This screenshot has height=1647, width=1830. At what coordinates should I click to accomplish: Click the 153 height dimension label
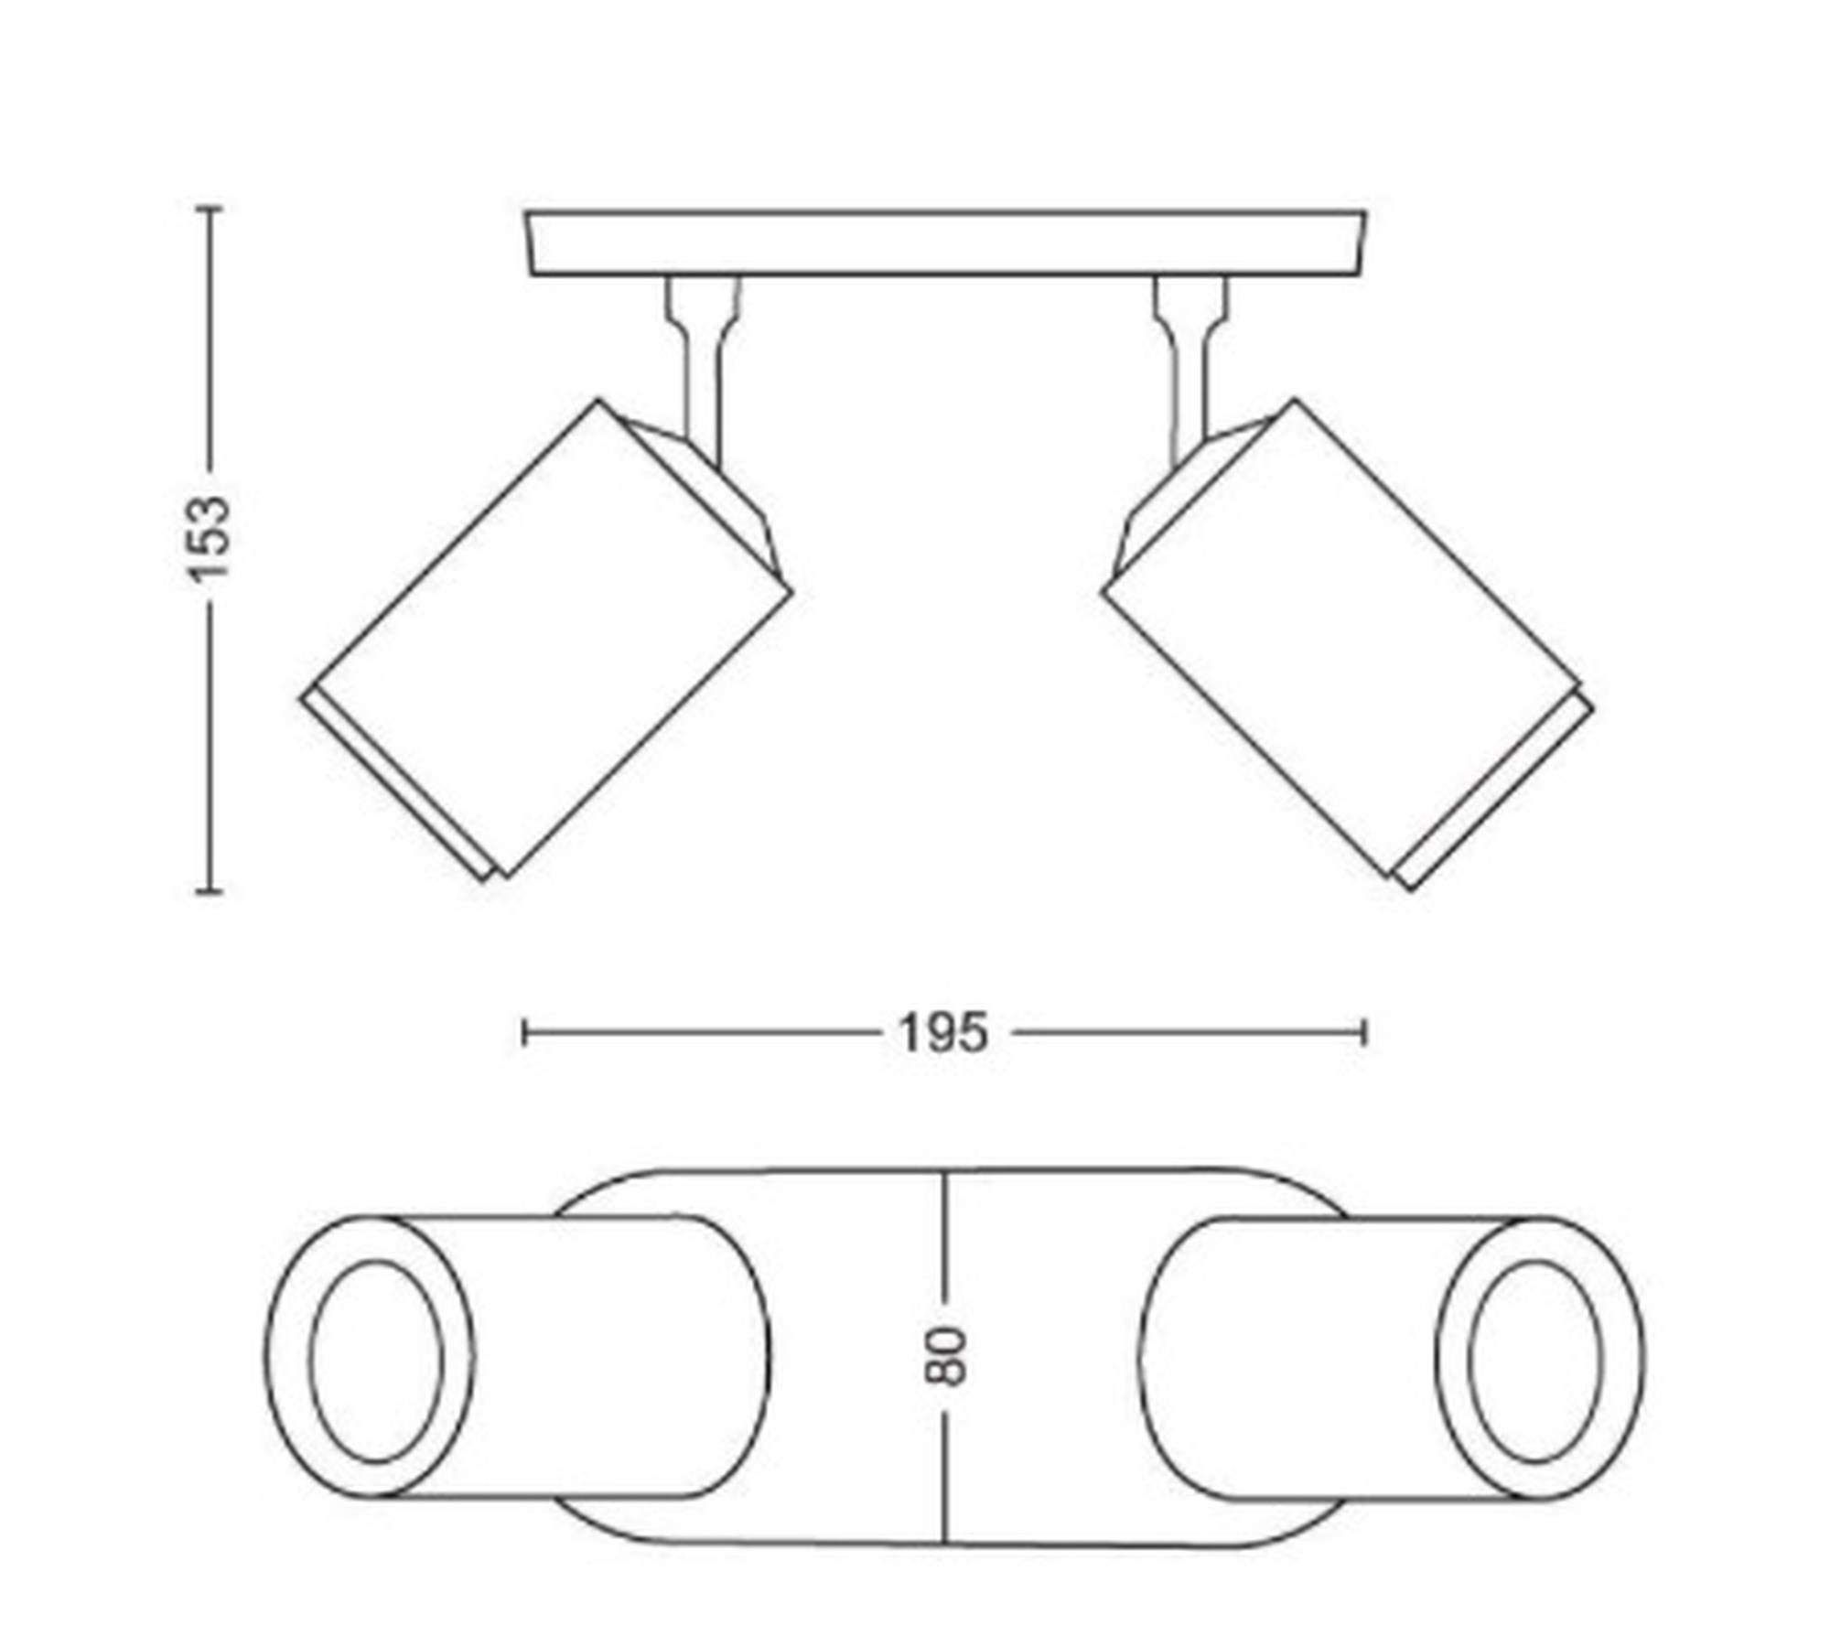coord(209,538)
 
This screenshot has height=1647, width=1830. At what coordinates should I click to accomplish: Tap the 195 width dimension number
coord(943,1034)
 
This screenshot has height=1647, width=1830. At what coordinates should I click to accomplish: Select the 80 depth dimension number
coord(946,1357)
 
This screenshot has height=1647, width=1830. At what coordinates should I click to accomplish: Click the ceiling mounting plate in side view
coord(945,243)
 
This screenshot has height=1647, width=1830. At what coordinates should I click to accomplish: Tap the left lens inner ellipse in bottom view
coord(377,1362)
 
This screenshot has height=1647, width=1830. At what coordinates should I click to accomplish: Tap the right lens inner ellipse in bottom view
coord(1536,1362)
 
